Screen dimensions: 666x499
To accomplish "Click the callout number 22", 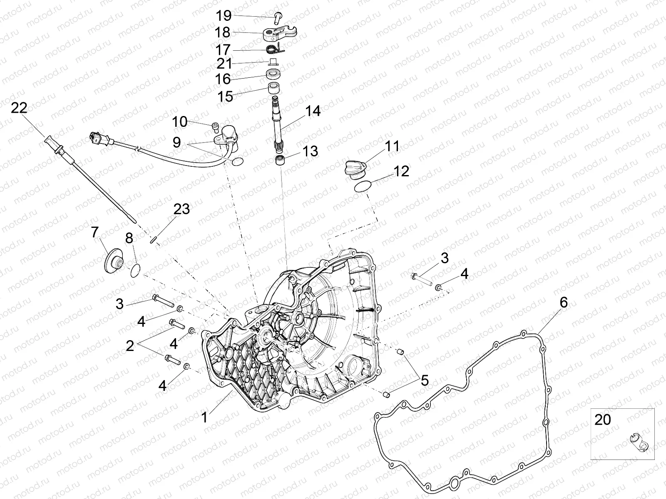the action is [x=19, y=108].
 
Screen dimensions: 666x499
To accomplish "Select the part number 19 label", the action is [x=224, y=16].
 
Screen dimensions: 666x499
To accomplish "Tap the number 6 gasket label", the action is [x=564, y=302].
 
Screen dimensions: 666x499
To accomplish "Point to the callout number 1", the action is [x=205, y=417].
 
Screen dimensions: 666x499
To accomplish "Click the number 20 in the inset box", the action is [x=603, y=420].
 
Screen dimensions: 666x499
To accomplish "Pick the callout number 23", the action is [x=182, y=209].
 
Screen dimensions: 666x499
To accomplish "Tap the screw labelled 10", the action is [x=215, y=128].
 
